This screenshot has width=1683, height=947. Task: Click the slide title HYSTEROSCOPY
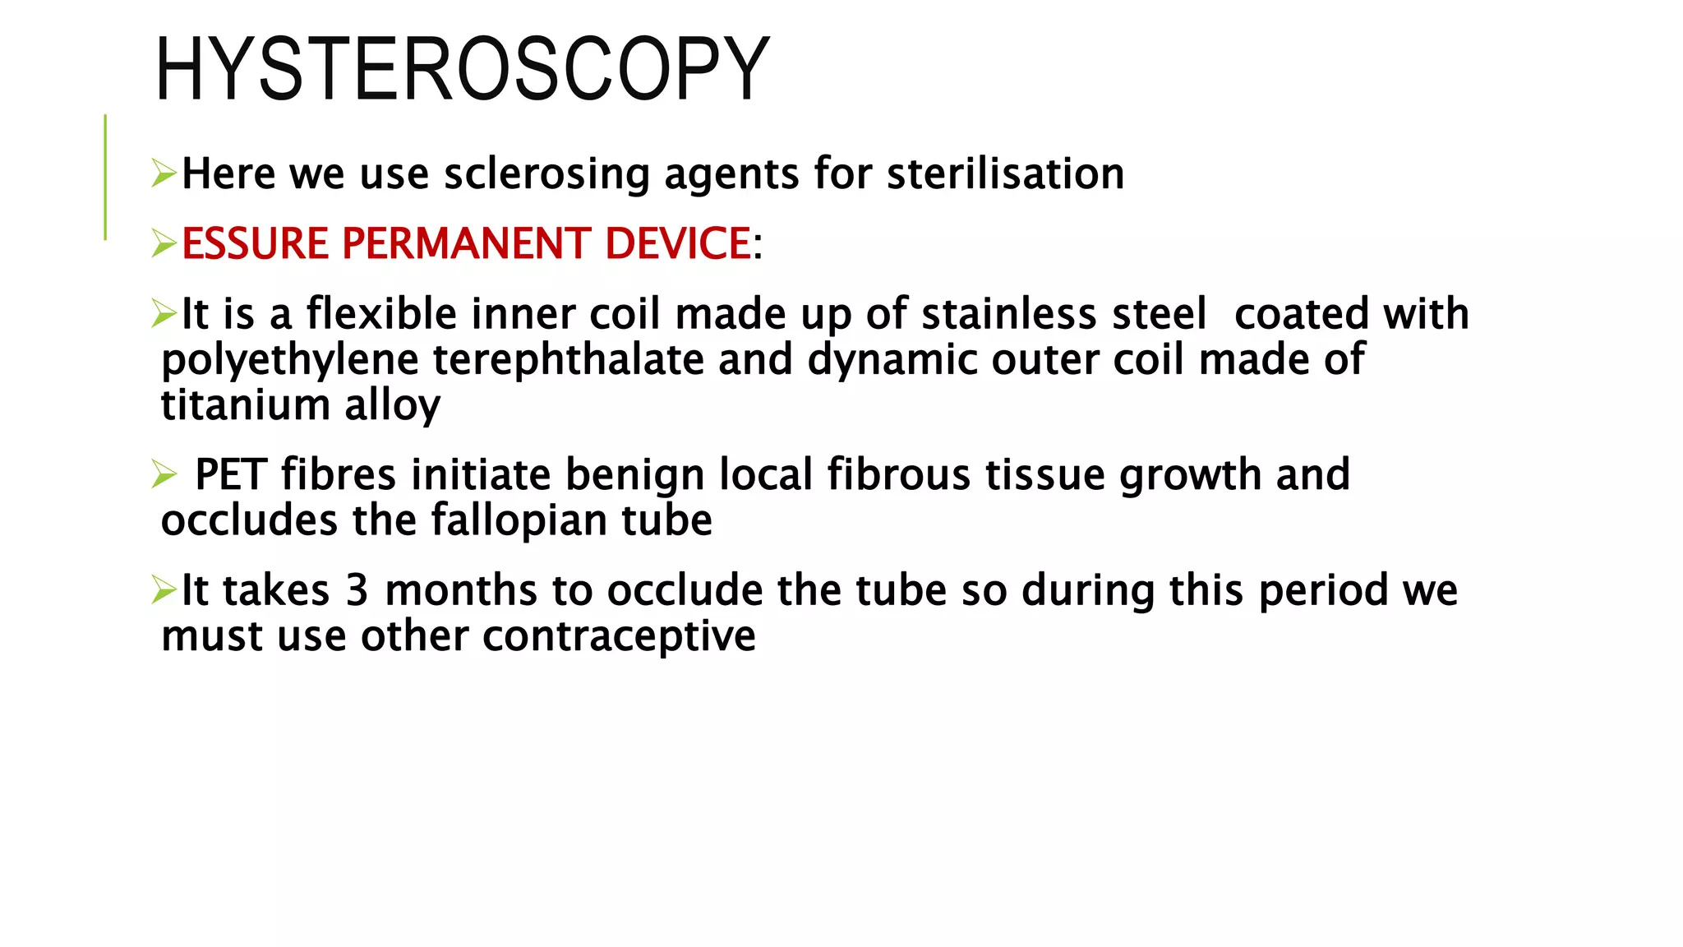click(x=462, y=69)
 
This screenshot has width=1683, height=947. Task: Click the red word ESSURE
click(x=255, y=243)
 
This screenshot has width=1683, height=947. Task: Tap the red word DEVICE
click(x=678, y=243)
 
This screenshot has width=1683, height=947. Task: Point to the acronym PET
click(x=231, y=475)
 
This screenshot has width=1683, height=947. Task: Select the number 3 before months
click(x=357, y=590)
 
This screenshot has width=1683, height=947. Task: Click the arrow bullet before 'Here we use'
click(x=164, y=173)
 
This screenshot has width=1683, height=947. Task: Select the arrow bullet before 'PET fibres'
click(x=164, y=474)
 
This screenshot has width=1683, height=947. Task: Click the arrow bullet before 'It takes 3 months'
click(x=164, y=589)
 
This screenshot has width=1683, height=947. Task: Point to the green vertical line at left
click(x=105, y=177)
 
